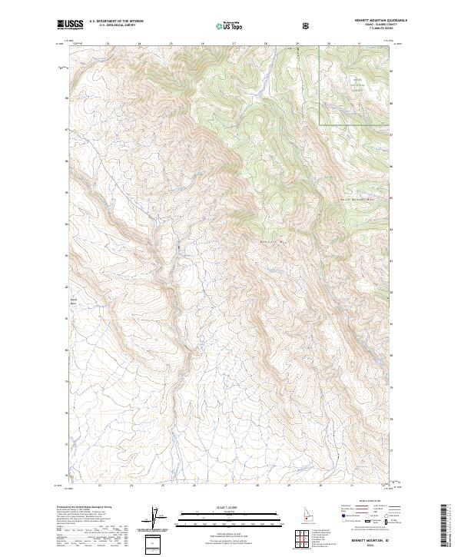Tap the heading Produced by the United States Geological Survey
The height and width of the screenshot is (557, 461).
coord(85,506)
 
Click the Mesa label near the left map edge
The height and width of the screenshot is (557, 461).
coord(74,300)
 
